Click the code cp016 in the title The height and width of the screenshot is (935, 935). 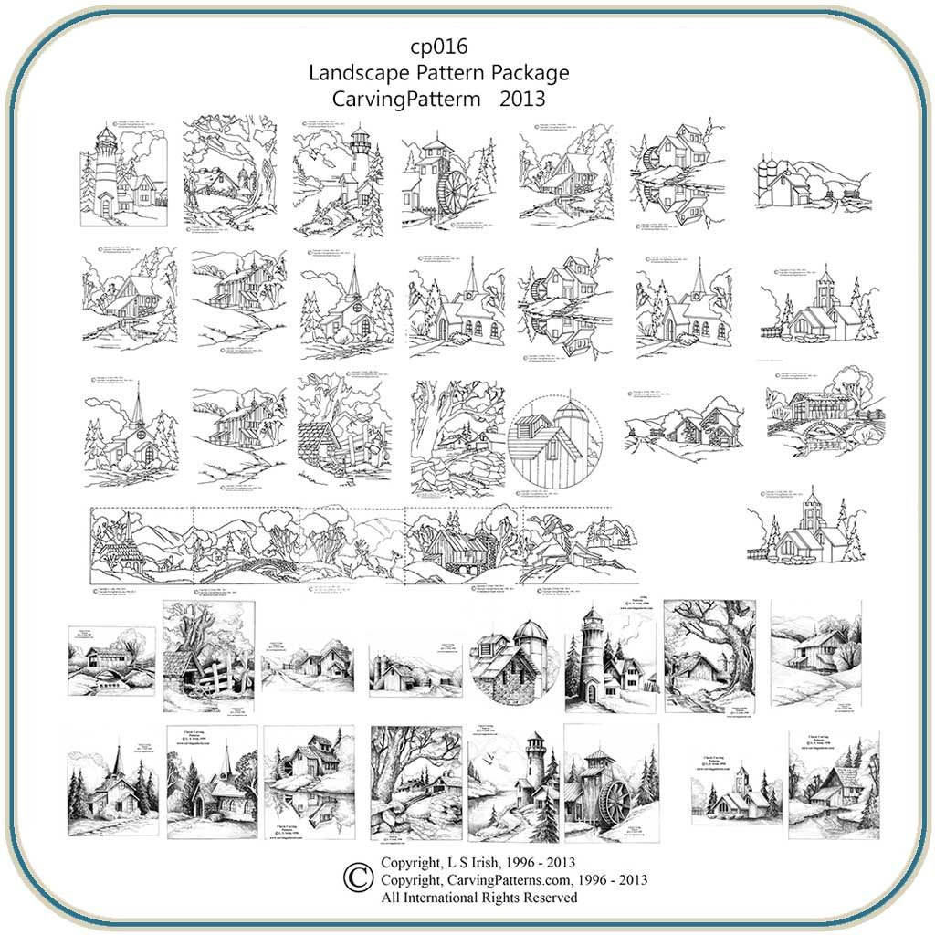(x=439, y=47)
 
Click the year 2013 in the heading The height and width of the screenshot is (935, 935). (x=522, y=98)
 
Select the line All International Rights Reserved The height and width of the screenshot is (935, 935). (x=479, y=898)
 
